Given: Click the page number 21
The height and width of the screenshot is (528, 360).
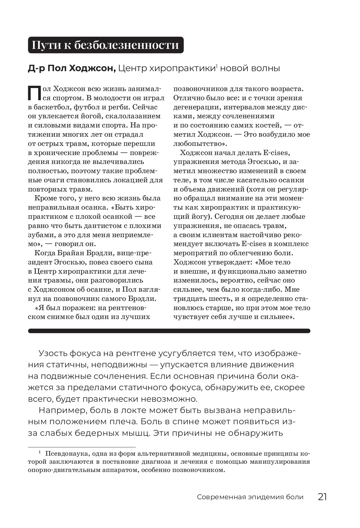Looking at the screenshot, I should (x=322, y=497).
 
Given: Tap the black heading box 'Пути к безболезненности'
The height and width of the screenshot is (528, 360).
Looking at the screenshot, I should (x=105, y=45).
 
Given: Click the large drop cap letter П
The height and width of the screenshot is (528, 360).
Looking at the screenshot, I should (x=34, y=92).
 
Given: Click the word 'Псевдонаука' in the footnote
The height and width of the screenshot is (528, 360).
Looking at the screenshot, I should (x=64, y=454).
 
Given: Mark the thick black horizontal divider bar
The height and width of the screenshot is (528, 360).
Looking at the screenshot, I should (x=169, y=331).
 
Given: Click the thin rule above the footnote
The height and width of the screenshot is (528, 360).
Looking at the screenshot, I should (x=81, y=447).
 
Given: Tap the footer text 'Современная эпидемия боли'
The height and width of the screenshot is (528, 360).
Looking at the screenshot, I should (x=250, y=497).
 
